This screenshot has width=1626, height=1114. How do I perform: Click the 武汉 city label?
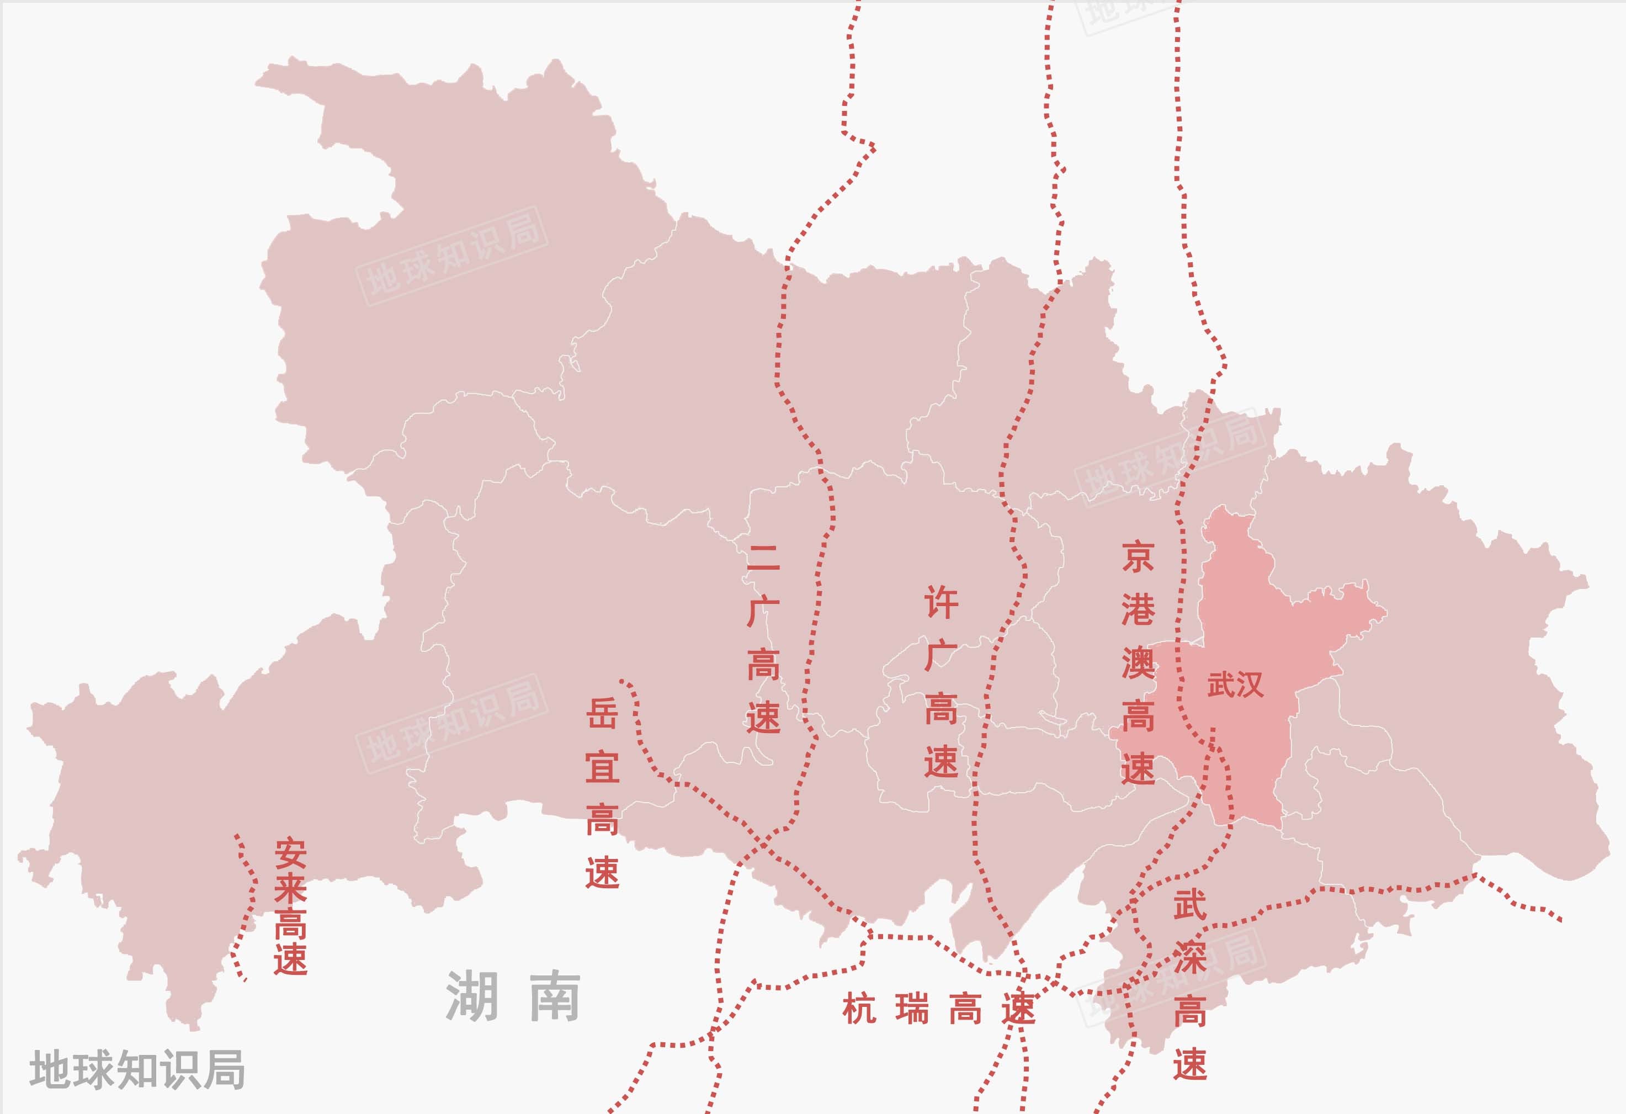click(x=1235, y=685)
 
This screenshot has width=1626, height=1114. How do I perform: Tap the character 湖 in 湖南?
click(x=472, y=995)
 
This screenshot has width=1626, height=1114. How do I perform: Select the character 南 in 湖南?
click(x=555, y=995)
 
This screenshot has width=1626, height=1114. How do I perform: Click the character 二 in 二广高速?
click(x=763, y=558)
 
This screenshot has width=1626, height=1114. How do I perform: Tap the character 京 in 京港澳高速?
click(x=1138, y=556)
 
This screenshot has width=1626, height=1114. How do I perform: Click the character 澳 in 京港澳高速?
click(x=1138, y=662)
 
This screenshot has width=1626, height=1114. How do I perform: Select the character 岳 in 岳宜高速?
click(x=602, y=714)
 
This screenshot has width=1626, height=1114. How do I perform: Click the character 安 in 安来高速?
click(x=290, y=853)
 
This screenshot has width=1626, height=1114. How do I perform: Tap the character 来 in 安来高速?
click(x=290, y=889)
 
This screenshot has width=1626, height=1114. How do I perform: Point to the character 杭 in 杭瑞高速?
click(x=859, y=1009)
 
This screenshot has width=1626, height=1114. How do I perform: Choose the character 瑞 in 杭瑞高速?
click(x=912, y=1009)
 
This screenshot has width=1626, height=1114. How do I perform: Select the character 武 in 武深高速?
click(x=1189, y=905)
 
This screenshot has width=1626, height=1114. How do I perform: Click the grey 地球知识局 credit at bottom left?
click(x=137, y=1069)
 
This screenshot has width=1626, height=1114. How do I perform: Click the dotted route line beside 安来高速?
click(x=250, y=903)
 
